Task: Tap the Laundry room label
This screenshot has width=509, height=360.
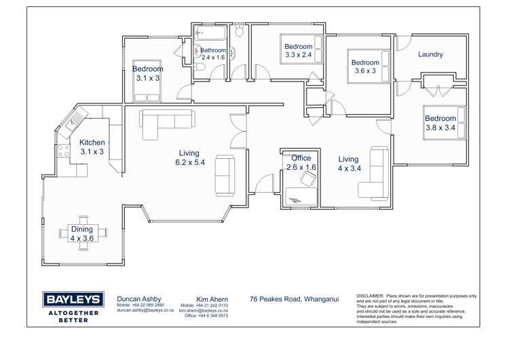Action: [x=430, y=54]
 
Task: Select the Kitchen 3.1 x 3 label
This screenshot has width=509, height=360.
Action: [x=92, y=147]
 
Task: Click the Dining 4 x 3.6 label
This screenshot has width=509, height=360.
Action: [x=82, y=234]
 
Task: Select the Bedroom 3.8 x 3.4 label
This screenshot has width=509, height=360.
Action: [x=440, y=123]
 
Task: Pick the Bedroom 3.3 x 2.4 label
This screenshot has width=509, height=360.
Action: [x=298, y=51]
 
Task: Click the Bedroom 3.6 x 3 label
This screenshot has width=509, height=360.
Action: [x=364, y=67]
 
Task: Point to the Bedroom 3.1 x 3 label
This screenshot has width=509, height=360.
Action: [x=147, y=73]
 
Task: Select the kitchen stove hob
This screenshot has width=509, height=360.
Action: [x=63, y=151]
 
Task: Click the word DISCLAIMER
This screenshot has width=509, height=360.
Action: [x=370, y=297]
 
